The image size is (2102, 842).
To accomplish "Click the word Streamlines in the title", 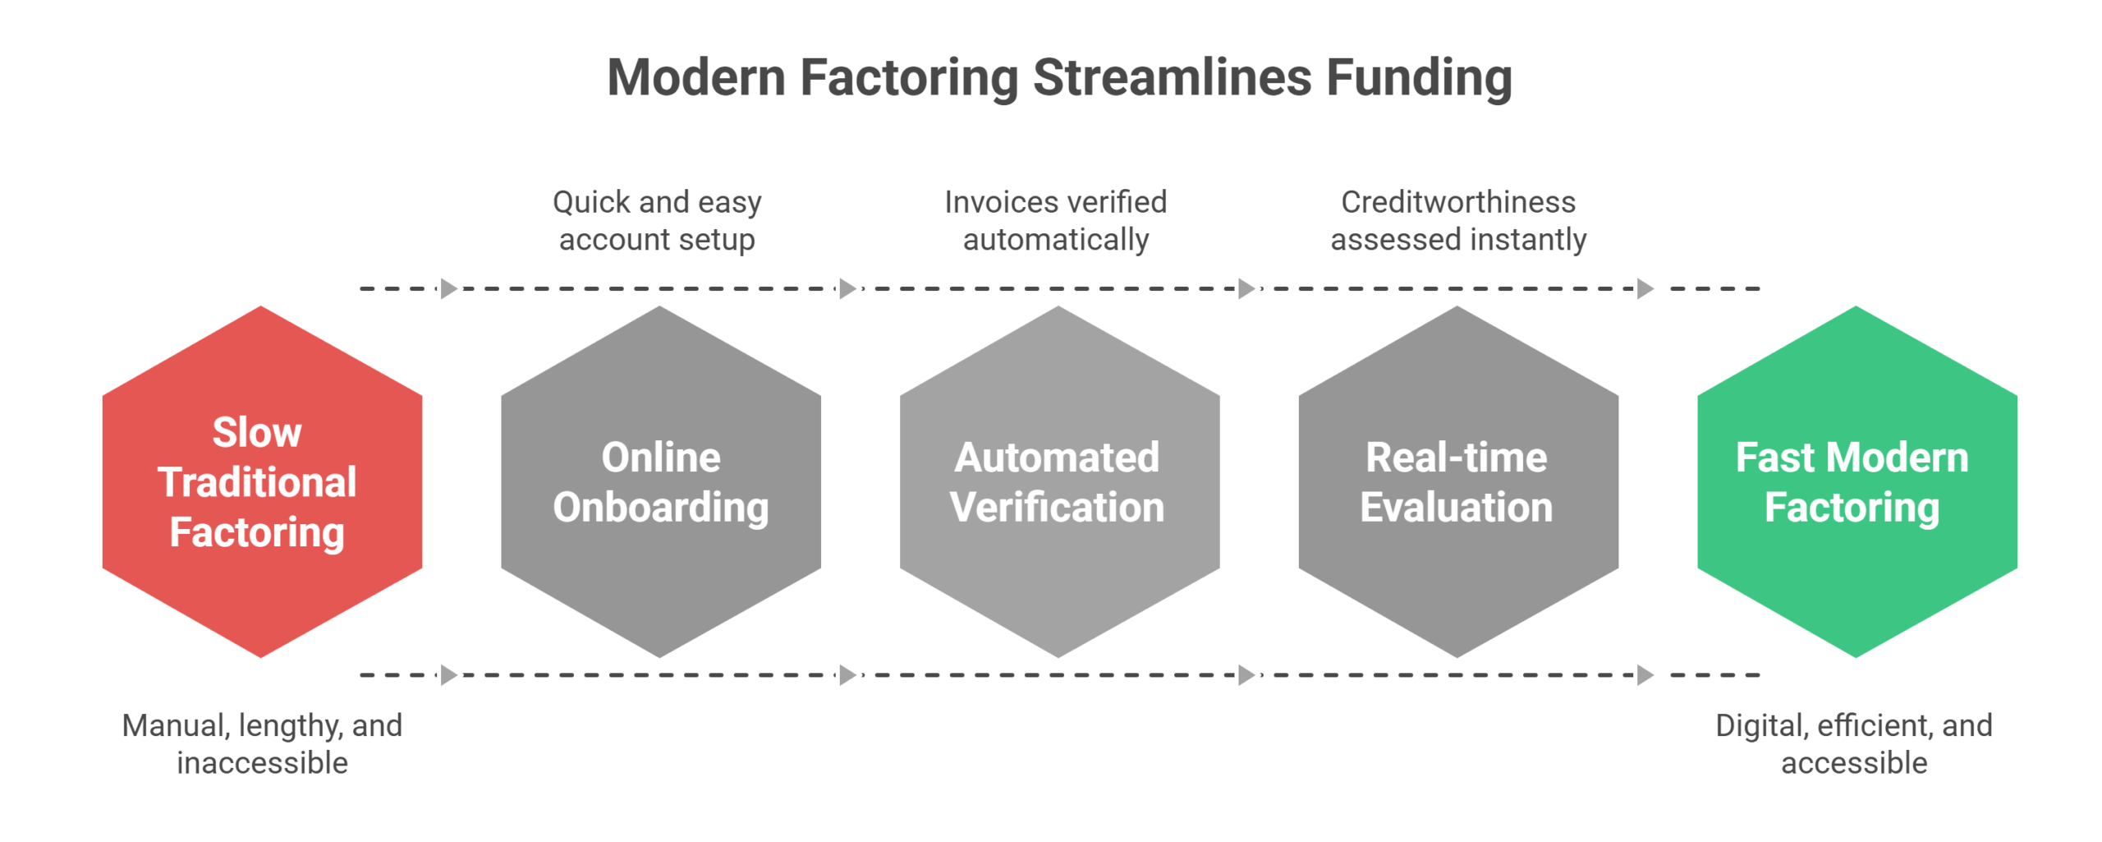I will point(1172,78).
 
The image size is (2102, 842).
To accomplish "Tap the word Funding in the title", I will point(1419,78).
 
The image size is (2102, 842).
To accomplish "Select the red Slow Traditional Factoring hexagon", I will point(262,575).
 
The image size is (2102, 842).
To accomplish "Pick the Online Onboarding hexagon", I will point(661,575).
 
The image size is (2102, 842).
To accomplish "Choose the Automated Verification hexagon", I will point(1059,575).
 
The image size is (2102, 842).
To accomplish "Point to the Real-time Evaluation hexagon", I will point(1458,575).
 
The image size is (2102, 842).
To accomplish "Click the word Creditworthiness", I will point(1458,202).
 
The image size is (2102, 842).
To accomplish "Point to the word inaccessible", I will point(263,763).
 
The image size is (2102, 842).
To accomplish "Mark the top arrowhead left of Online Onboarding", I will point(448,289).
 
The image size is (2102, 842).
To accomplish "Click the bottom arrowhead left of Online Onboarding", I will point(448,675).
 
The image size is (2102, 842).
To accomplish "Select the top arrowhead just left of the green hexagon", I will point(1645,289).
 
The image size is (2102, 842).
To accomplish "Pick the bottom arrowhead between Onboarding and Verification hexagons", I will point(847,675).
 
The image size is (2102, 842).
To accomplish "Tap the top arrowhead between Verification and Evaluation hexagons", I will point(1246,289).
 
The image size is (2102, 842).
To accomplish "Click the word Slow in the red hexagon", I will point(257,433).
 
